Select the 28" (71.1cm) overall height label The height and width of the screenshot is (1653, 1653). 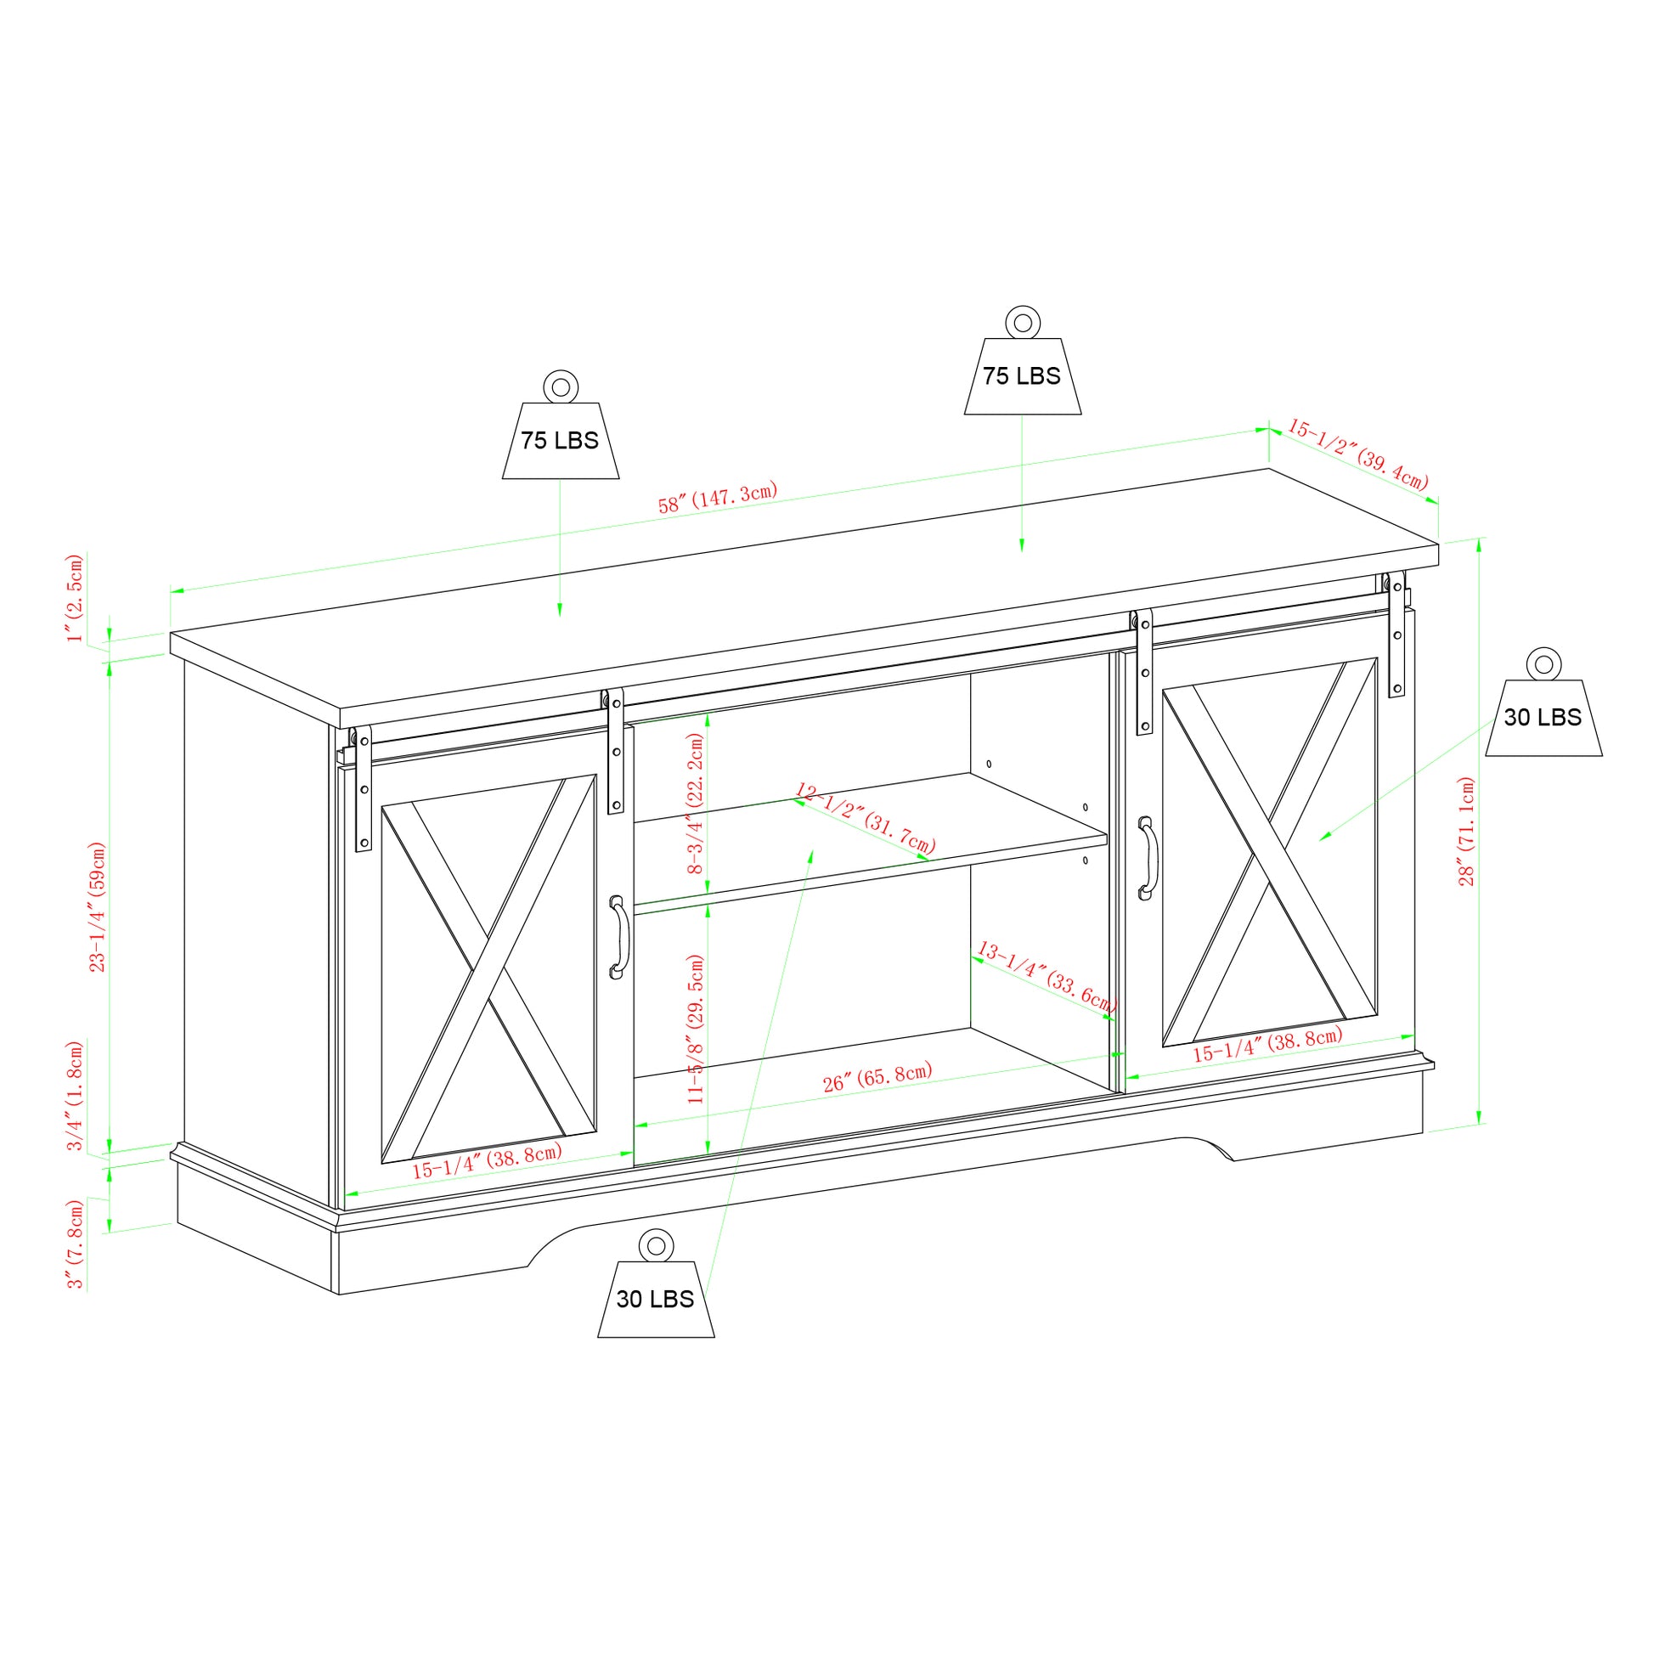tap(1466, 831)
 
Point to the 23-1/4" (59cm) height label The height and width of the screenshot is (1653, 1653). tap(98, 906)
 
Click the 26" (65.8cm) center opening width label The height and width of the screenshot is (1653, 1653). tap(877, 1077)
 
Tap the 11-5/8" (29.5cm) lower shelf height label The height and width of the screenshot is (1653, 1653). tap(696, 1030)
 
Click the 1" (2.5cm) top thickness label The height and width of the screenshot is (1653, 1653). tap(76, 597)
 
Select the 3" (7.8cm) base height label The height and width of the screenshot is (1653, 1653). tap(76, 1244)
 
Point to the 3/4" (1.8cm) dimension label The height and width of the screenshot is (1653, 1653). tap(76, 1095)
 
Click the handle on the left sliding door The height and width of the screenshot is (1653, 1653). tap(618, 937)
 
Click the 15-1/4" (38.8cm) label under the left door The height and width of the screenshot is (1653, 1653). tap(487, 1160)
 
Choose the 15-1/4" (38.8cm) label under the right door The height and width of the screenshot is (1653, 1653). tap(1267, 1045)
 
